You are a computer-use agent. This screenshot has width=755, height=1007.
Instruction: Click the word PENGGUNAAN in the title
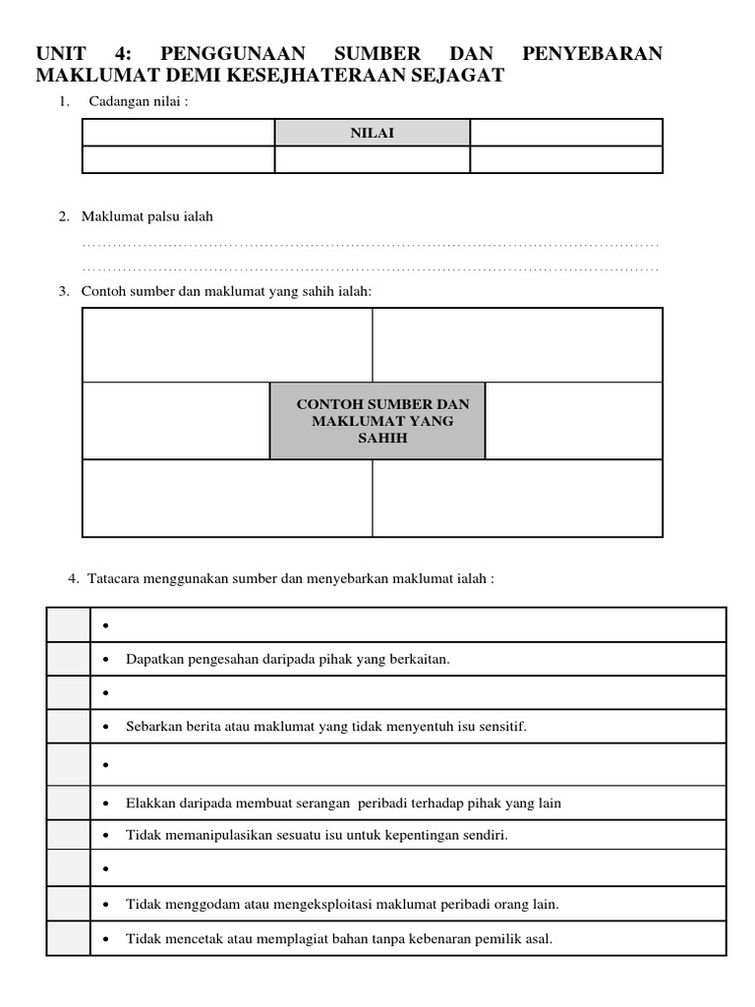pos(233,53)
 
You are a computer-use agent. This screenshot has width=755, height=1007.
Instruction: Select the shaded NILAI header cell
pos(372,133)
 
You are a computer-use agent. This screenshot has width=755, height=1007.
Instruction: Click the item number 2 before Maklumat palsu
pos(63,216)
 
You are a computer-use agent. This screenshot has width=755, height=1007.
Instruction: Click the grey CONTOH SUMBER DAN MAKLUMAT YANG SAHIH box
pos(377,421)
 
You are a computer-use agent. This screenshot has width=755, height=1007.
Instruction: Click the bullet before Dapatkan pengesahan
pos(106,660)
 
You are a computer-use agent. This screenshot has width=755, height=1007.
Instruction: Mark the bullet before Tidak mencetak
pos(106,939)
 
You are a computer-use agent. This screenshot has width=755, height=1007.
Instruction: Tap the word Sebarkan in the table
pos(152,727)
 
